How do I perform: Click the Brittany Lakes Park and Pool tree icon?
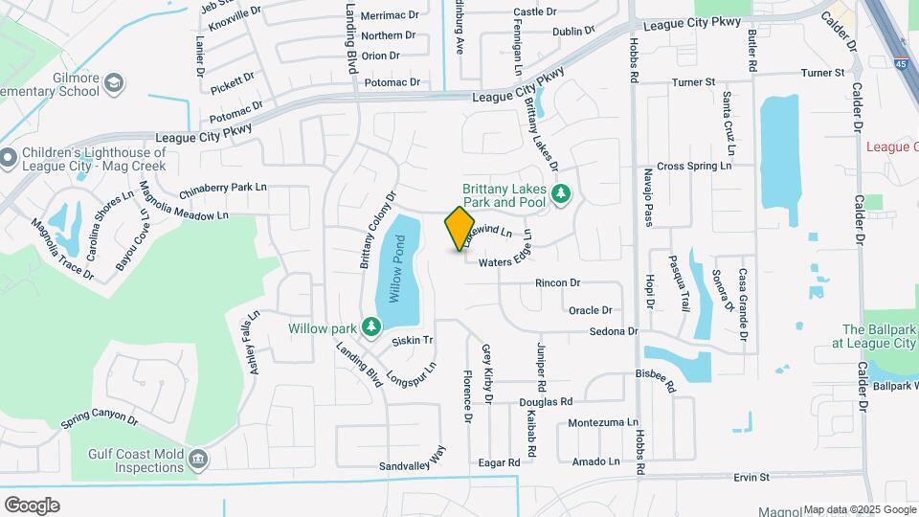pyautogui.click(x=562, y=195)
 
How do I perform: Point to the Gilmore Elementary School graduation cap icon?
pyautogui.click(x=114, y=83)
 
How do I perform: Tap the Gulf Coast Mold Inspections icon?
pyautogui.click(x=198, y=460)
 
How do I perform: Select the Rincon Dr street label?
pyautogui.click(x=558, y=283)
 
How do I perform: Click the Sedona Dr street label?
pyautogui.click(x=614, y=331)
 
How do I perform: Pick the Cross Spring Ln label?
pyautogui.click(x=694, y=166)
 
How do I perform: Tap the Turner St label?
pyautogui.click(x=823, y=73)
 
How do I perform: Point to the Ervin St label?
pyautogui.click(x=752, y=477)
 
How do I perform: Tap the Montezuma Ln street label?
pyautogui.click(x=603, y=422)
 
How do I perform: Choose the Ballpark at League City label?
pyautogui.click(x=875, y=335)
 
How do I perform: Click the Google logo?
pyautogui.click(x=32, y=506)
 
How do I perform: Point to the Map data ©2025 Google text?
pyautogui.click(x=859, y=509)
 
